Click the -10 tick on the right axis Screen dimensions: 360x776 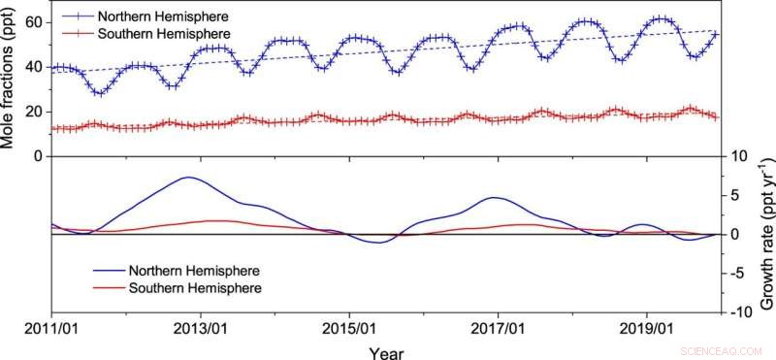pos(740,312)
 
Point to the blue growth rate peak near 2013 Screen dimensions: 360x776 pos(188,178)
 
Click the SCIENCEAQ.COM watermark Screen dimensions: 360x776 pos(726,350)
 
